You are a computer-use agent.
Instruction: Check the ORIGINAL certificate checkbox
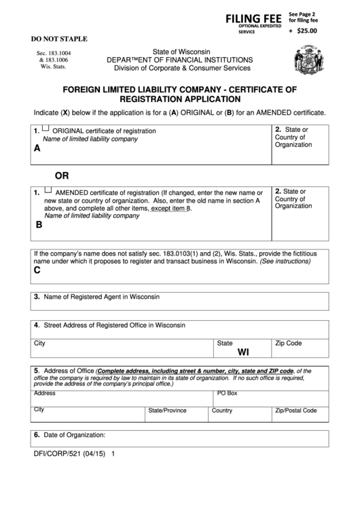pos(46,128)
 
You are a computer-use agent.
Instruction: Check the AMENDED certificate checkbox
pos(48,191)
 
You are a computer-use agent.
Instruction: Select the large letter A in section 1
pos(37,147)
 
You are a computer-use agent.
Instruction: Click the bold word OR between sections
pos(62,175)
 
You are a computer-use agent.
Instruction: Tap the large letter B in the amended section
pos(39,224)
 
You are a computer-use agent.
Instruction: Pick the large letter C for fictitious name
pos(37,270)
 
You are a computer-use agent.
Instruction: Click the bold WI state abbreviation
pos(243,353)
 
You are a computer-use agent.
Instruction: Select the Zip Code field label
pos(288,344)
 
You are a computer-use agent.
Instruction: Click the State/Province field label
pos(167,410)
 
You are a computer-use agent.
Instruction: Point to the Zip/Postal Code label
pos(295,410)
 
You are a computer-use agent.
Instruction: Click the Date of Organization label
pos(74,434)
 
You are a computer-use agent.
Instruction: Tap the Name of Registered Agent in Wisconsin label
pos(101,297)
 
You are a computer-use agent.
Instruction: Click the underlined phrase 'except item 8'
pos(171,208)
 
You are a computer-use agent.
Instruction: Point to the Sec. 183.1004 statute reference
pos(54,52)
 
